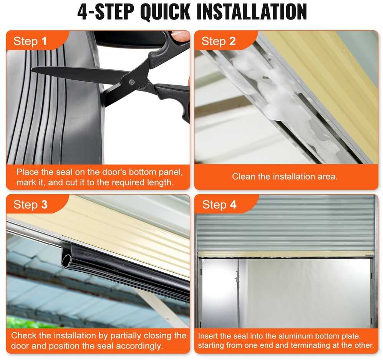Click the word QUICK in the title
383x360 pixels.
(x=165, y=12)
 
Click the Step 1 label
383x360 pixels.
(x=30, y=41)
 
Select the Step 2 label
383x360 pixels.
(x=218, y=41)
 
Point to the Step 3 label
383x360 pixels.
(x=30, y=205)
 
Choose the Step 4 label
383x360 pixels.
(x=219, y=205)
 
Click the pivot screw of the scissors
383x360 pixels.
(x=132, y=82)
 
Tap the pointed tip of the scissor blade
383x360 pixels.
(x=33, y=70)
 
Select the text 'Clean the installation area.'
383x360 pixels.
(x=285, y=176)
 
